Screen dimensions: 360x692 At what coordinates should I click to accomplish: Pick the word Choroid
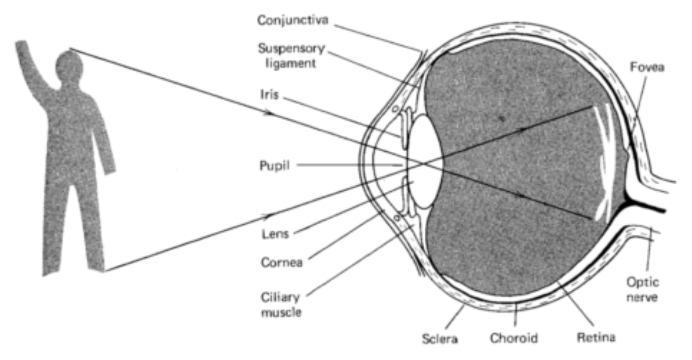pos(514,337)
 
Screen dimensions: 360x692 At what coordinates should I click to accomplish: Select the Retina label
pos(596,337)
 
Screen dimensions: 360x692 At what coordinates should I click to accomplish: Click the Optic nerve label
pos(642,290)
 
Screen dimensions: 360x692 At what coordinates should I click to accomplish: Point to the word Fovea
pos(647,67)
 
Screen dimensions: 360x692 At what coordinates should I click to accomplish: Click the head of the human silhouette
pos(69,65)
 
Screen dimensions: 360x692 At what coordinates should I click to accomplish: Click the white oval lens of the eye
pos(425,163)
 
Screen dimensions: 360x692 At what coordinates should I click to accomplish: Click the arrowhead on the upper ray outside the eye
pos(270,113)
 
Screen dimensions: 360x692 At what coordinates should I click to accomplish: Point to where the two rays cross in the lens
pos(422,164)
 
